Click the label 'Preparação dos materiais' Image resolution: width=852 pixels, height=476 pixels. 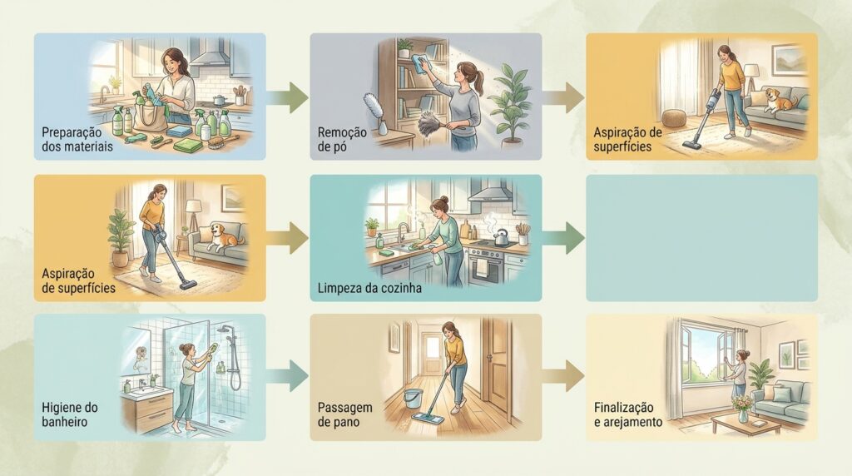[77, 140]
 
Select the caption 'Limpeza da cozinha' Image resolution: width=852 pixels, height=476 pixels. [369, 288]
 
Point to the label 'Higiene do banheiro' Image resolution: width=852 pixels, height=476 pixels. [70, 414]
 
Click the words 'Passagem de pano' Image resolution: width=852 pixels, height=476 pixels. [344, 414]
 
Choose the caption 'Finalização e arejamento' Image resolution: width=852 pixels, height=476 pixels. [627, 414]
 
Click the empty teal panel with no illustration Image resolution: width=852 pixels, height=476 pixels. [701, 238]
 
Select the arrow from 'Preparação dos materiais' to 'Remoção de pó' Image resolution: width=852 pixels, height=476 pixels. [287, 98]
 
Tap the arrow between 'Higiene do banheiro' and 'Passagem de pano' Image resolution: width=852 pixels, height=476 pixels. [287, 376]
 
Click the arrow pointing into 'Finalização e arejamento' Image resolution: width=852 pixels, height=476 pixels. [563, 376]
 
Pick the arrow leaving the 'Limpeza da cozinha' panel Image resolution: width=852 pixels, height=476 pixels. [563, 238]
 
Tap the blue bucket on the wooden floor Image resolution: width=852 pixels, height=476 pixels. [413, 399]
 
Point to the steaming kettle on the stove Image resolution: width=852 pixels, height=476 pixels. [500, 237]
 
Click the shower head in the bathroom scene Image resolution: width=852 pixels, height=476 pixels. [223, 330]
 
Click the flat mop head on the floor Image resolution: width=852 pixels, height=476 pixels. [428, 418]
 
